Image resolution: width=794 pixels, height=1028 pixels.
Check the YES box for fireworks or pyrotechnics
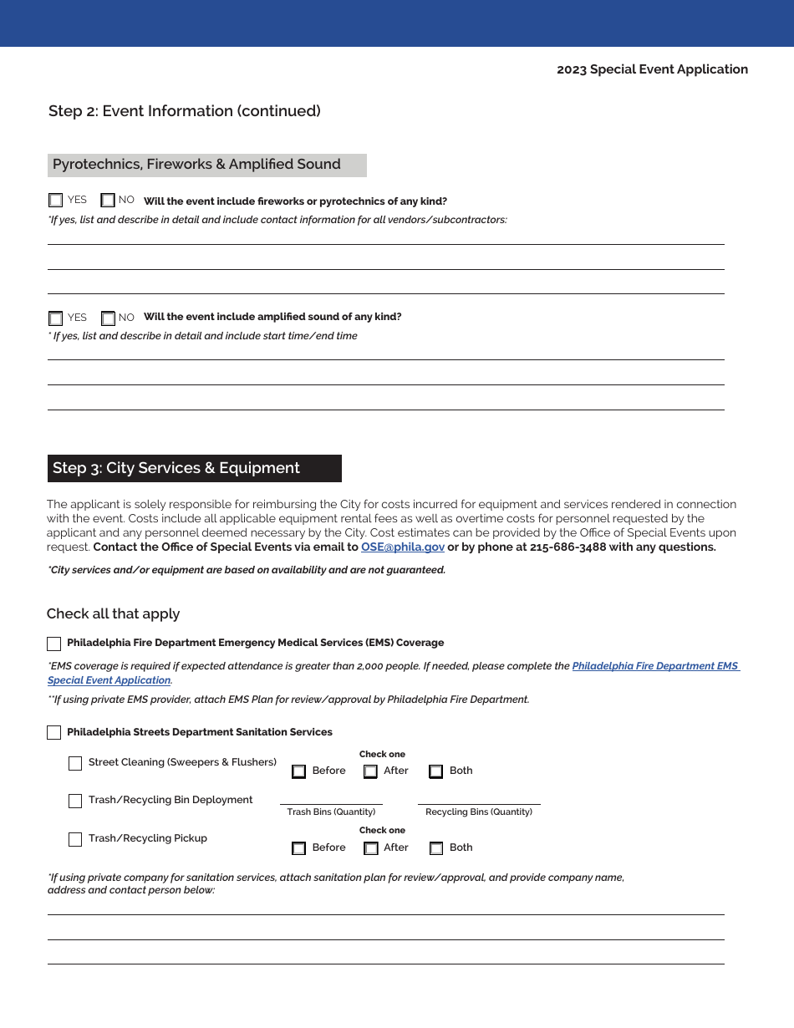coord(55,201)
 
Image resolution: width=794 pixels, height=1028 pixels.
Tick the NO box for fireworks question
coord(108,201)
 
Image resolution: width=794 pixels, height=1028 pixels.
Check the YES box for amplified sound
coord(55,318)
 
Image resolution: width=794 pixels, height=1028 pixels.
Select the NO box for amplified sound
coord(108,318)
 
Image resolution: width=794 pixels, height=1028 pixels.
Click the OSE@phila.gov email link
coord(403,547)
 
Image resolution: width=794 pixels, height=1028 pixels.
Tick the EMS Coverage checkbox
coord(54,644)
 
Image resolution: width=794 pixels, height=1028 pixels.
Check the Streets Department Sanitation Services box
coord(54,733)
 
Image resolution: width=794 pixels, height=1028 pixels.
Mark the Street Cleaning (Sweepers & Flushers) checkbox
coord(75,763)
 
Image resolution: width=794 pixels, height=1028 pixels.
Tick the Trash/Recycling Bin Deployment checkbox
coord(75,801)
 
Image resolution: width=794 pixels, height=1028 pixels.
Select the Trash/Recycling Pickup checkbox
coord(75,839)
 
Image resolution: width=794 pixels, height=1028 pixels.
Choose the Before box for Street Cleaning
coord(298,771)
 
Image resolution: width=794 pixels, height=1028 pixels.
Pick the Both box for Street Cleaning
coord(435,771)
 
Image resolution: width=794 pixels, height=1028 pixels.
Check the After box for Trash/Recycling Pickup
coord(371,848)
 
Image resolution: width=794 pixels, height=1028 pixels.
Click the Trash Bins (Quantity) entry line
coord(331,797)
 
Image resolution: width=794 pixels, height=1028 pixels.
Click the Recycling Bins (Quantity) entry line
coord(479,797)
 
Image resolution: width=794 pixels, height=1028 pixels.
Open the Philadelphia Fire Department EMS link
coord(655,666)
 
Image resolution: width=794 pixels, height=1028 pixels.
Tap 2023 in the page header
coord(572,69)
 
